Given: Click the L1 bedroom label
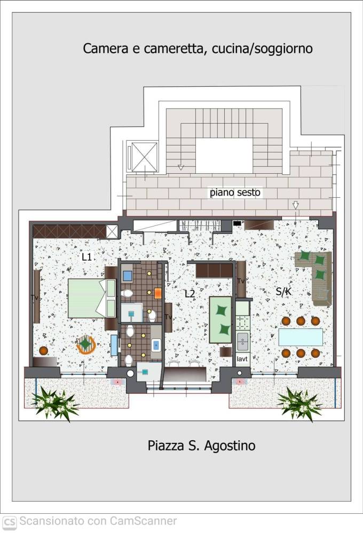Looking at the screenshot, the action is pyautogui.click(x=87, y=257).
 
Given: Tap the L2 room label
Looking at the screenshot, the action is pyautogui.click(x=190, y=293).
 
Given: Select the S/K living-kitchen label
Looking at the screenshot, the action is pyautogui.click(x=283, y=292).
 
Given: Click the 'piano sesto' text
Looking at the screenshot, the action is pyautogui.click(x=235, y=192).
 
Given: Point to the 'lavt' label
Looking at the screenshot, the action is pyautogui.click(x=242, y=359).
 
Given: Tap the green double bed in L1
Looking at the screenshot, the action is pyautogui.click(x=92, y=298).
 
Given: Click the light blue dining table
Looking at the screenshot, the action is pyautogui.click(x=301, y=337).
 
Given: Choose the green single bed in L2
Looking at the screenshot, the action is pyautogui.click(x=220, y=319).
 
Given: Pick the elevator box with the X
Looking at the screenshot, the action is pyautogui.click(x=144, y=157).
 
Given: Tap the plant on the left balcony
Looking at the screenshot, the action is pyautogui.click(x=54, y=403).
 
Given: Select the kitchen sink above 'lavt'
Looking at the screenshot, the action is pyautogui.click(x=242, y=342).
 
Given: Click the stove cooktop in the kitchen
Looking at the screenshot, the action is pyautogui.click(x=242, y=323).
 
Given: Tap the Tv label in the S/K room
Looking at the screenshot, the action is pyautogui.click(x=241, y=281).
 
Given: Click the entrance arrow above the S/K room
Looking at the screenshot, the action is pyautogui.click(x=296, y=205).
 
